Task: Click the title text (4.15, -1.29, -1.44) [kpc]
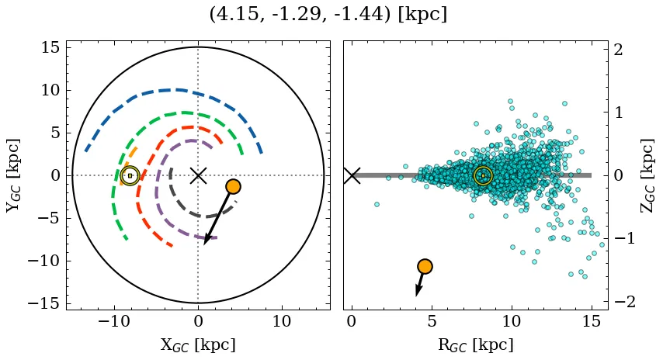coord(328,15)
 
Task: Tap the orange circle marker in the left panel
coord(233,186)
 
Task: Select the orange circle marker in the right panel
coord(424,266)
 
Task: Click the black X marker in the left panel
coord(198,175)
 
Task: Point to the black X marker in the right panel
coord(352,175)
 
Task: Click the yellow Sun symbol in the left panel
coord(130,176)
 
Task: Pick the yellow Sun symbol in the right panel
coord(483,175)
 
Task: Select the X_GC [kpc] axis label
coord(198,344)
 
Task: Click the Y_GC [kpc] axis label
coord(13,175)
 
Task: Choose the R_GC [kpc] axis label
coord(475,344)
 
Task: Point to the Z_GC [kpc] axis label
coord(647,175)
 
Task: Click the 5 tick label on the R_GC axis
coord(432,320)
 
